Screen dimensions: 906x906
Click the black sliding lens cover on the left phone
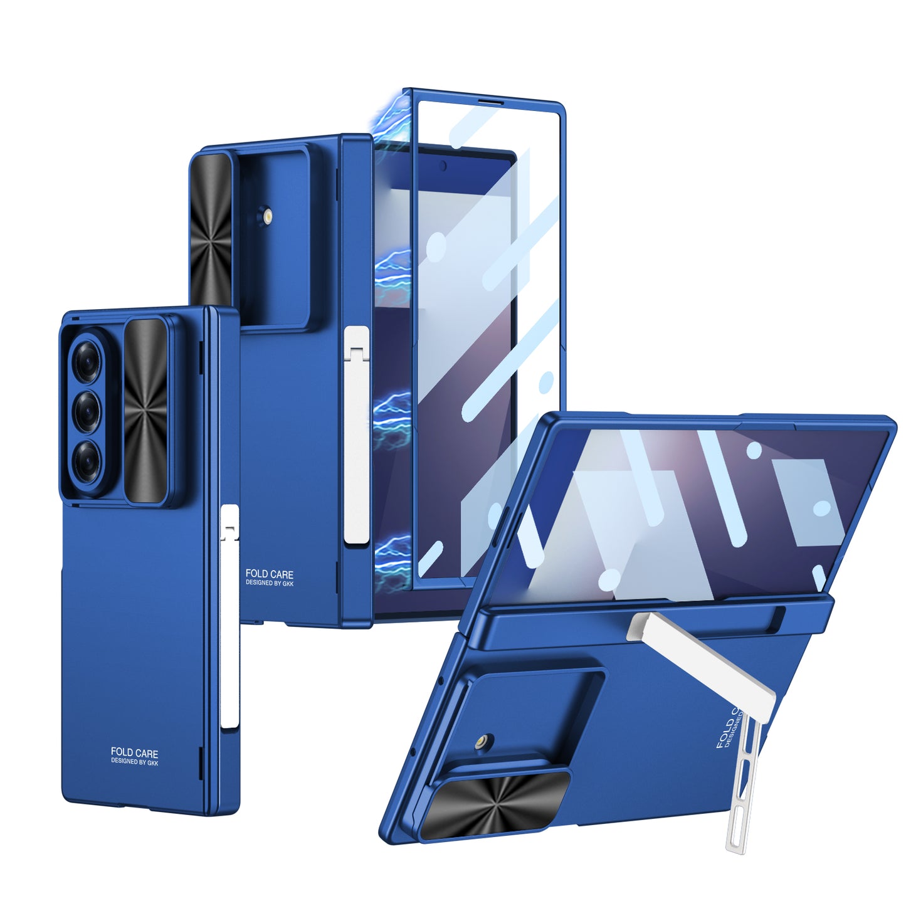point(145,411)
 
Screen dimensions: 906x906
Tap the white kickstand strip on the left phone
point(229,618)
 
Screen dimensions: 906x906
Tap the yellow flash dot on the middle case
point(268,216)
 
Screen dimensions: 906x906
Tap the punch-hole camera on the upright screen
point(443,166)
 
